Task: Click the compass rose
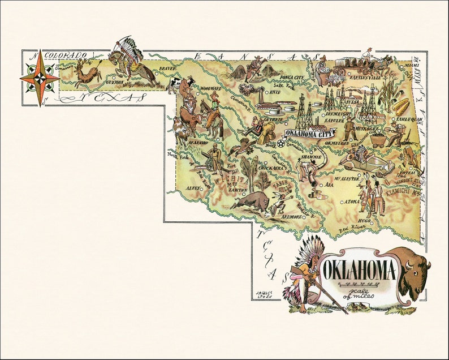coord(40,78)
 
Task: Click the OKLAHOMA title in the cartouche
coord(359,269)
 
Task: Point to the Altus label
coord(193,187)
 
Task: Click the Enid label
coord(274,92)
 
